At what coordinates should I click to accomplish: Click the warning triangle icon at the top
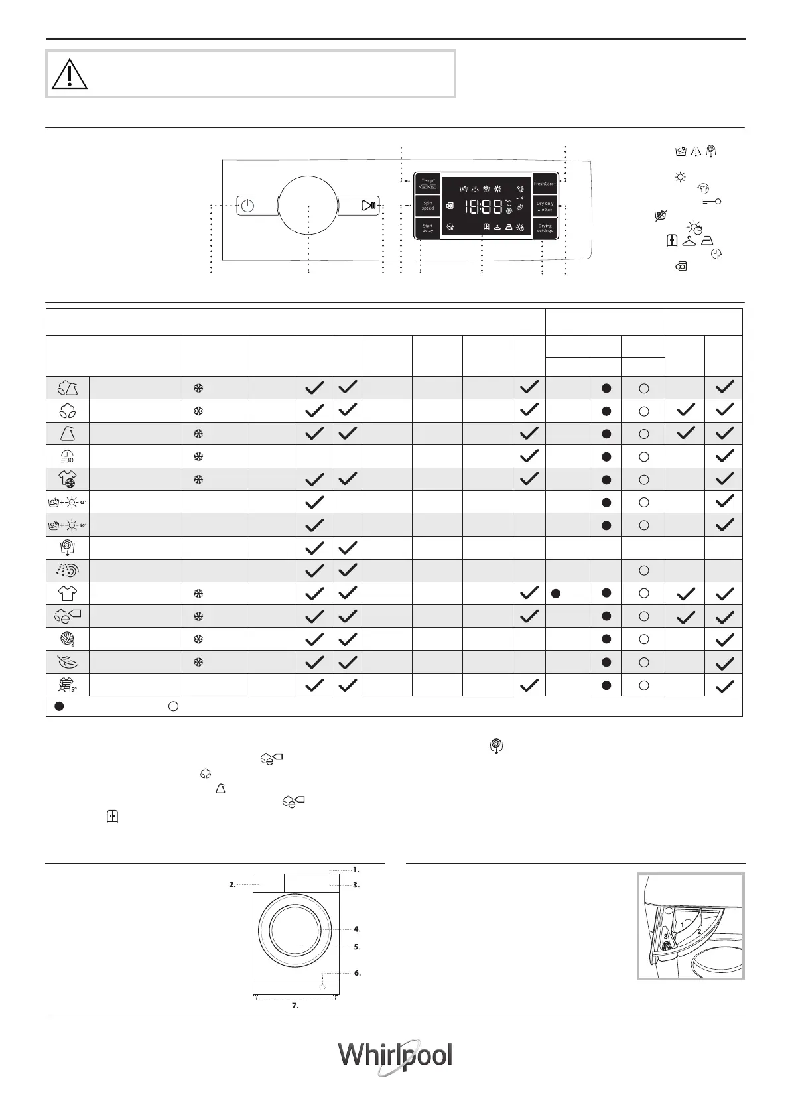[x=70, y=74]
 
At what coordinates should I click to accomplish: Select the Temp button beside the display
[x=428, y=184]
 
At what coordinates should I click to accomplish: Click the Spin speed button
[x=428, y=206]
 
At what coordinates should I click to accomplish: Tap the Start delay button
[x=428, y=228]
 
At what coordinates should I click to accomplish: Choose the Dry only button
[x=545, y=206]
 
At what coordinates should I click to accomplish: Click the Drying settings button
[x=545, y=228]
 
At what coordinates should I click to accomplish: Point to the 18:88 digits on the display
[x=482, y=207]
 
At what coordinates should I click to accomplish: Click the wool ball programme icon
[x=68, y=639]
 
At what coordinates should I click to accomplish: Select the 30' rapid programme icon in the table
[x=68, y=456]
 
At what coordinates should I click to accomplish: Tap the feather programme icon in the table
[x=68, y=662]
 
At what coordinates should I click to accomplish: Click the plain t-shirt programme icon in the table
[x=68, y=593]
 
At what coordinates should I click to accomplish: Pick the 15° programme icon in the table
[x=68, y=685]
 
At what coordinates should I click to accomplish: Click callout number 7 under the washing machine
[x=295, y=1006]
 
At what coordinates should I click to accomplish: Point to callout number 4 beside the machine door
[x=357, y=929]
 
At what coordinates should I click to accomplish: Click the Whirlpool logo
[x=395, y=1057]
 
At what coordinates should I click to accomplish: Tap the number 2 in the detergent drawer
[x=698, y=931]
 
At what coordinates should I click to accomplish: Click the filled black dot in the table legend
[x=59, y=707]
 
